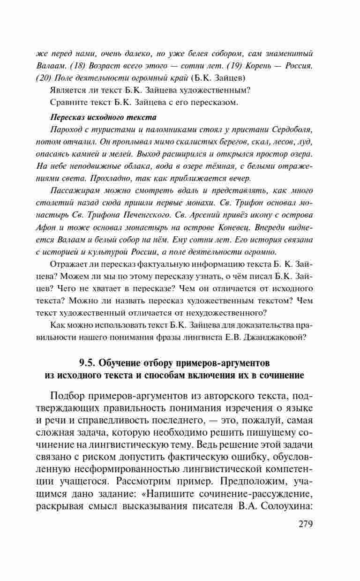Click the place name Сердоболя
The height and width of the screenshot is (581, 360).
(287, 128)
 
